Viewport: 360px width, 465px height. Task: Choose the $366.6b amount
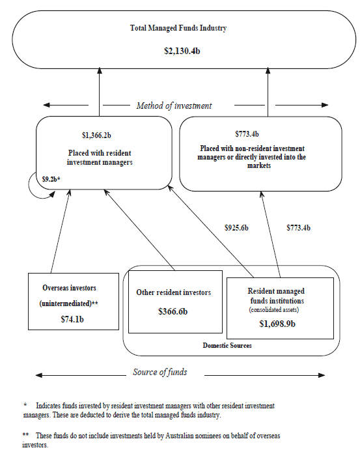pos(173,312)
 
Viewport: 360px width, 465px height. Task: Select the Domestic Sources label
pos(227,345)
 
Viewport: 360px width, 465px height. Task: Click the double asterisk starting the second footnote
pos(25,434)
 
